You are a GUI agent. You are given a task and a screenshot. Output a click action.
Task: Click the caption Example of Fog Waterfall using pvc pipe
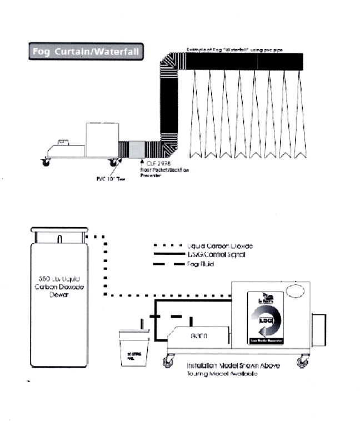pos(234,50)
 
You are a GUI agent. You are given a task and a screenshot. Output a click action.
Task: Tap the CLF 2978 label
pos(158,164)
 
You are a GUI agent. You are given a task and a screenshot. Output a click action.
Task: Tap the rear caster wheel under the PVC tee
pos(114,163)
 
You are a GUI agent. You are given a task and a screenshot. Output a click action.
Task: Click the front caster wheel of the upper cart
pos(44,163)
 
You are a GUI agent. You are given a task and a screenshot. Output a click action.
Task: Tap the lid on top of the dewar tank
pos(59,229)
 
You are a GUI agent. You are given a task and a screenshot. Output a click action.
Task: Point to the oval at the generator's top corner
pos(294,291)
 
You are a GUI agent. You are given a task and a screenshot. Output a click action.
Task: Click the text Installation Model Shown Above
pos(233,365)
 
